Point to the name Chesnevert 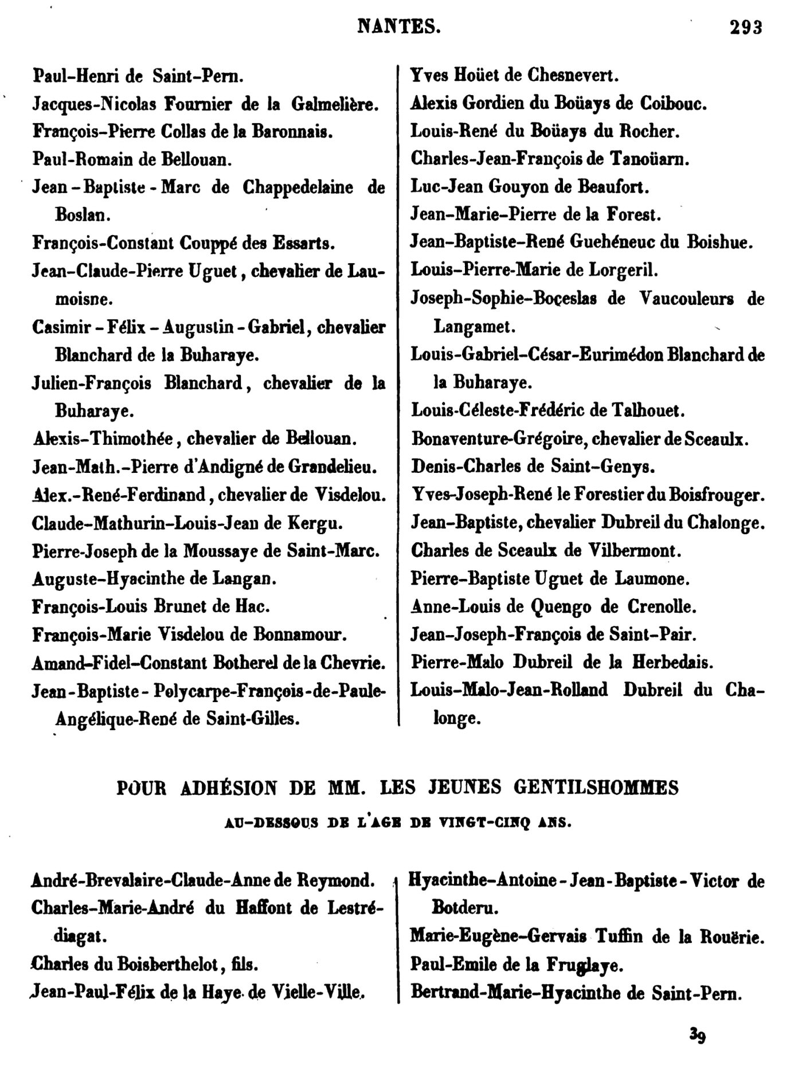coord(573,75)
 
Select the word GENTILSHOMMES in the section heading coord(596,788)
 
